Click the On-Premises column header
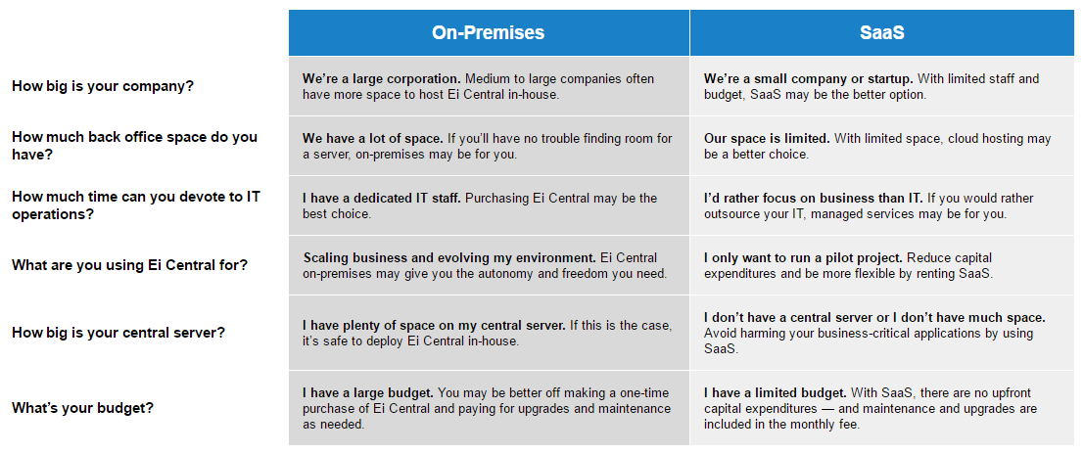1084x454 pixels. pyautogui.click(x=488, y=32)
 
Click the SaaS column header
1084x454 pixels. pyautogui.click(x=882, y=32)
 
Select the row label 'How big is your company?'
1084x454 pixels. pyautogui.click(x=103, y=87)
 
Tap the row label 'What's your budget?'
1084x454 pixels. pyautogui.click(x=82, y=408)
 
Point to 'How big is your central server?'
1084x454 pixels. pyautogui.click(x=118, y=333)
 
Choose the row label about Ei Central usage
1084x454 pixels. pyautogui.click(x=129, y=265)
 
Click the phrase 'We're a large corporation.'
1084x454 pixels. pyautogui.click(x=382, y=79)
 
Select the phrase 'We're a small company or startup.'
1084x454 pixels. pyautogui.click(x=809, y=79)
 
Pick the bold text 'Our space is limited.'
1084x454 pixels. pyautogui.click(x=768, y=138)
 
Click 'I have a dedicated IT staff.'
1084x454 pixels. pyautogui.click(x=382, y=199)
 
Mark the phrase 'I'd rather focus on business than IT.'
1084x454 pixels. pyautogui.click(x=814, y=199)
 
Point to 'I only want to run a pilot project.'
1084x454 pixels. pyautogui.click(x=804, y=257)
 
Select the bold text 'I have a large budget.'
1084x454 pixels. pyautogui.click(x=368, y=392)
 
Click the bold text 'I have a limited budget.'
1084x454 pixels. pyautogui.click(x=776, y=392)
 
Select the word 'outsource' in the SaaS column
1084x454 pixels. pyautogui.click(x=732, y=214)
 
